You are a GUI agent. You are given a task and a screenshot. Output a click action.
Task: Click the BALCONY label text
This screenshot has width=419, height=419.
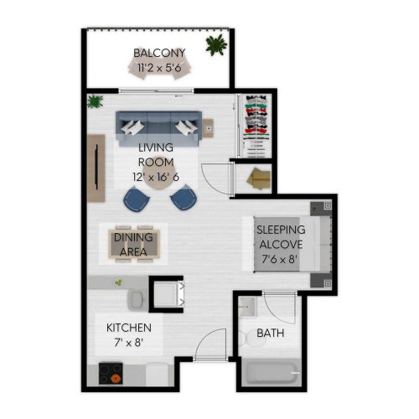pyautogui.click(x=159, y=53)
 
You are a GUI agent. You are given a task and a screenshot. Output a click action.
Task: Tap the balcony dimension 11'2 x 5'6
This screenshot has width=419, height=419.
pyautogui.click(x=159, y=68)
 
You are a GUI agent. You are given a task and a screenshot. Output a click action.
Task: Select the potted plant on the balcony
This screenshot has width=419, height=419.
pyautogui.click(x=216, y=44)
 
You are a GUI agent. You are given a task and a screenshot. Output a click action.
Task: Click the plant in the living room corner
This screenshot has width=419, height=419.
pyautogui.click(x=95, y=101)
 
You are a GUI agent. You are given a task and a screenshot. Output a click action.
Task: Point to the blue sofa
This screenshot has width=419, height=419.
pyautogui.click(x=158, y=128)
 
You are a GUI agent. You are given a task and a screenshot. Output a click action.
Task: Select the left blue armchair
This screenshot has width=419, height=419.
pyautogui.click(x=137, y=199)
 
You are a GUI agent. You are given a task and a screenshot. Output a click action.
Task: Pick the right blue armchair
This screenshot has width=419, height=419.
pyautogui.click(x=184, y=197)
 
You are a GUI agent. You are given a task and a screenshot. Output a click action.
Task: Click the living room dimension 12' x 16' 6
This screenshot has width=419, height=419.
pyautogui.click(x=156, y=177)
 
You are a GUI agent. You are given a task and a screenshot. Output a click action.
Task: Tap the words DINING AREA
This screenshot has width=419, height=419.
pyautogui.click(x=133, y=245)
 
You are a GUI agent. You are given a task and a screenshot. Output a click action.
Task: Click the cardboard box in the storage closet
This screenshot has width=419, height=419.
pyautogui.click(x=259, y=178)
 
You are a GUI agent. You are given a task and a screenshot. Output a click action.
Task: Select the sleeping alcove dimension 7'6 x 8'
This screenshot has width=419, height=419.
pyautogui.click(x=279, y=259)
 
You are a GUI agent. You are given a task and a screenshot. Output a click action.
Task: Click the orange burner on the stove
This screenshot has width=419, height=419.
pyautogui.click(x=116, y=379)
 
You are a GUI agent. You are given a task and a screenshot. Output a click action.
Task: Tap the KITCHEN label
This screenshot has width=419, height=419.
pyautogui.click(x=129, y=328)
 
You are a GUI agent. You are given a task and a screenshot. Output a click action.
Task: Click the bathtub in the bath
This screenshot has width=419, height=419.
pyautogui.click(x=271, y=373)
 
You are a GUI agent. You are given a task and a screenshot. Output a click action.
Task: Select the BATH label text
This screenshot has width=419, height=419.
pyautogui.click(x=270, y=333)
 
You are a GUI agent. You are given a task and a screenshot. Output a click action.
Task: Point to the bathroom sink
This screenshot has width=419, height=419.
pyautogui.click(x=247, y=307)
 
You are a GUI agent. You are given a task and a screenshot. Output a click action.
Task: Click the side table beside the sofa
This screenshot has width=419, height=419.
pyautogui.click(x=208, y=128)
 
